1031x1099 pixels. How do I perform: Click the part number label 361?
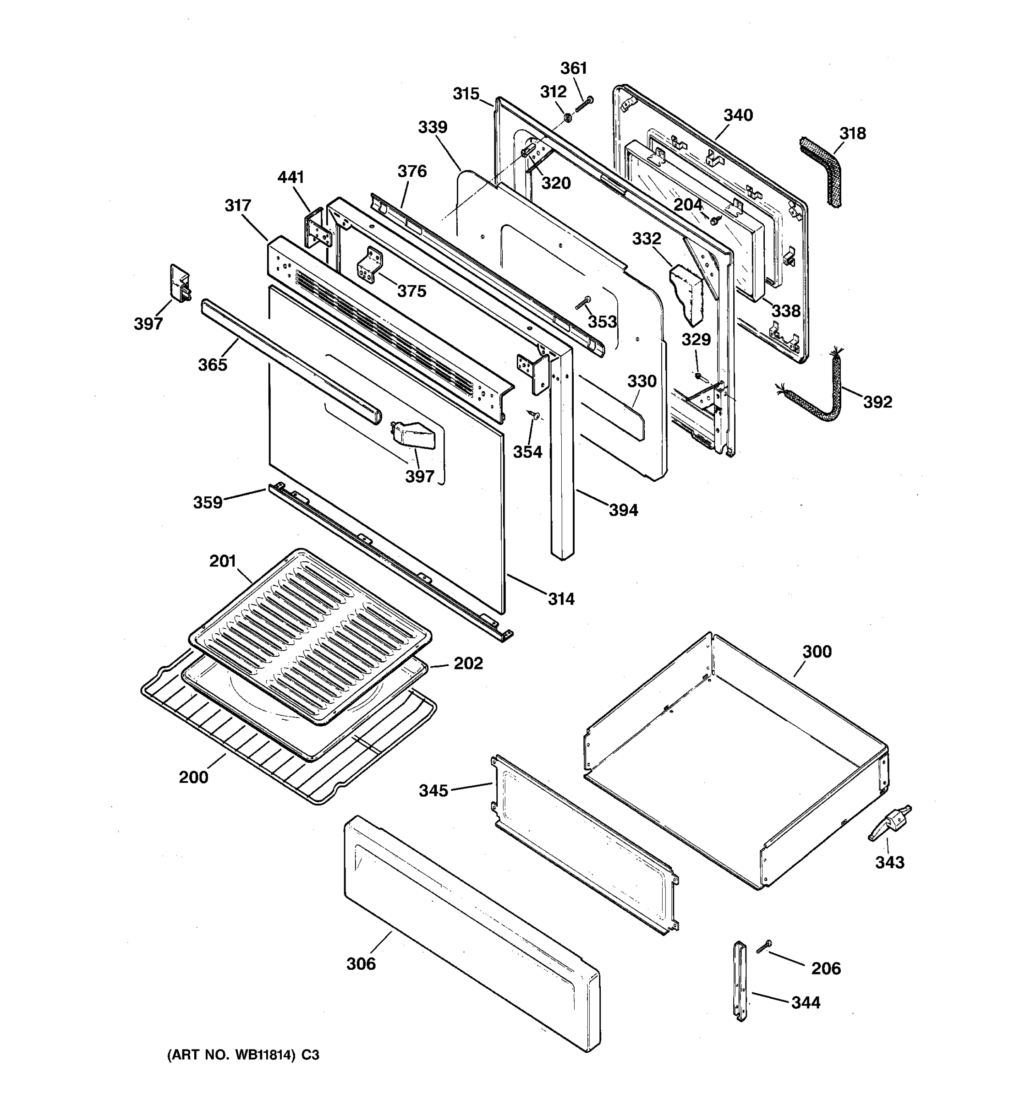pyautogui.click(x=574, y=68)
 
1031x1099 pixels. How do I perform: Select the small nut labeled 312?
pyautogui.click(x=567, y=118)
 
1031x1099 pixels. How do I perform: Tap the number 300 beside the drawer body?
pyautogui.click(x=817, y=652)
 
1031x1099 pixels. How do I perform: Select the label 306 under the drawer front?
pyautogui.click(x=361, y=964)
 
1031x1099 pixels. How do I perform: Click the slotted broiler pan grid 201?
pyautogui.click(x=310, y=636)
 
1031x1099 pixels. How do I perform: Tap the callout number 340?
pyautogui.click(x=738, y=115)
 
